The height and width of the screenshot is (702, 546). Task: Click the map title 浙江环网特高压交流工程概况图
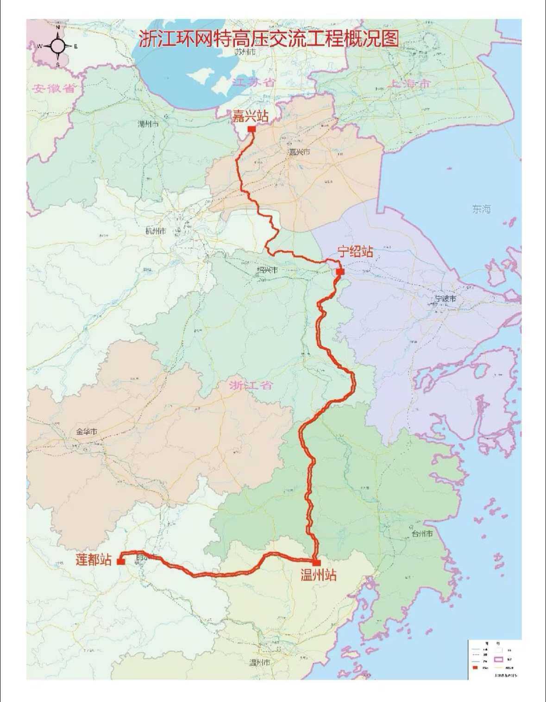(x=269, y=39)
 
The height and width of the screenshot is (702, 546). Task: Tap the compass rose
(x=58, y=46)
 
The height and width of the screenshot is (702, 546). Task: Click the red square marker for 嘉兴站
(x=251, y=129)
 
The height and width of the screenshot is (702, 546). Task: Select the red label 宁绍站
(x=355, y=252)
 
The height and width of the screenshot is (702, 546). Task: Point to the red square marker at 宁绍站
(x=340, y=272)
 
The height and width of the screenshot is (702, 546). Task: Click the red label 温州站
(x=318, y=576)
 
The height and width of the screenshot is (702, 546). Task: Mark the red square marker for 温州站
(x=317, y=563)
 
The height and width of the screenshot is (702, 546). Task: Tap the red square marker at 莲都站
(x=120, y=561)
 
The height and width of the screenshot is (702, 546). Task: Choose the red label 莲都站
(x=94, y=559)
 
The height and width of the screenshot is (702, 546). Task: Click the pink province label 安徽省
(x=54, y=88)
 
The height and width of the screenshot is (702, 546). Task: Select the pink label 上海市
(x=410, y=84)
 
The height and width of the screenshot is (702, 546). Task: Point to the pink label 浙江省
(x=251, y=385)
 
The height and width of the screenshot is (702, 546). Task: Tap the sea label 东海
(x=481, y=209)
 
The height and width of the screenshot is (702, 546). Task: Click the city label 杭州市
(x=155, y=231)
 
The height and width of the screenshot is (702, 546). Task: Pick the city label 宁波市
(x=445, y=298)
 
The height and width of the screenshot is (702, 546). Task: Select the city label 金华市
(x=87, y=431)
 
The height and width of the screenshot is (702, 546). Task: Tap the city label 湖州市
(x=148, y=124)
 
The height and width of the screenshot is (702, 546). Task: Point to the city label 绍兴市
(x=267, y=269)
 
